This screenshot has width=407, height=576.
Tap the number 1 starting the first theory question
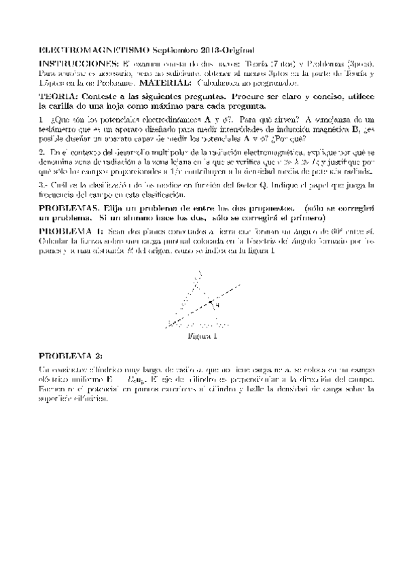pyautogui.click(x=41, y=120)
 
